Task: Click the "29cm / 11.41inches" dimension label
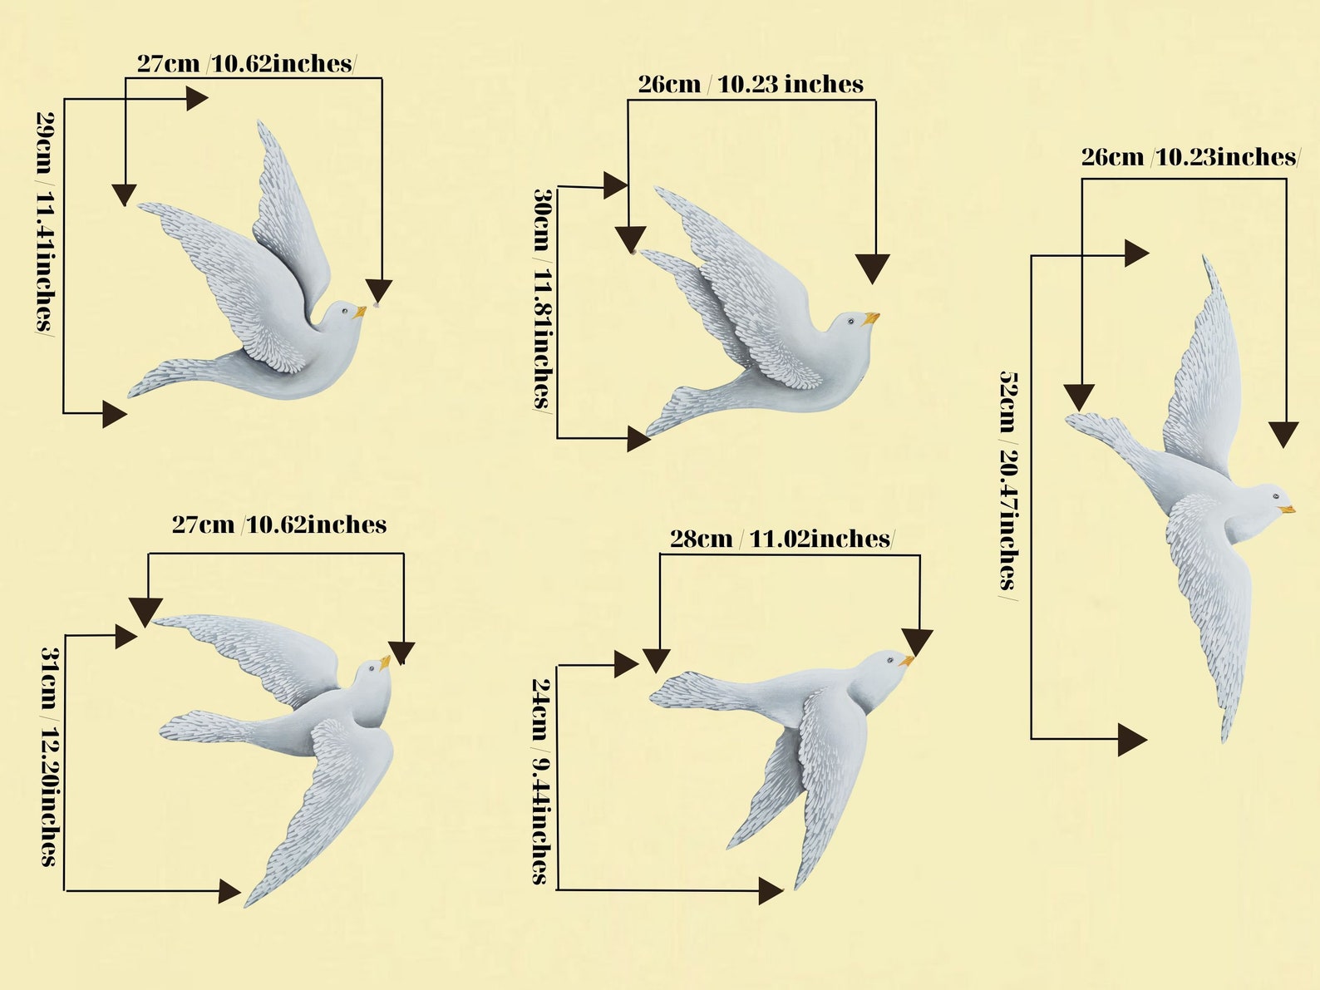(x=45, y=223)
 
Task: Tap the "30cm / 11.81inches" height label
(x=543, y=299)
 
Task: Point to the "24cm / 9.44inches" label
(x=541, y=781)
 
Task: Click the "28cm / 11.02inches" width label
(x=782, y=539)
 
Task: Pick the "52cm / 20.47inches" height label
(x=1008, y=485)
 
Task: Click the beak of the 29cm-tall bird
(x=360, y=312)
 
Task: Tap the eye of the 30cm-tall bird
(x=851, y=322)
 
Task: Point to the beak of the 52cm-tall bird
(x=1287, y=510)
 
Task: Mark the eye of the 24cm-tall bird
(x=890, y=661)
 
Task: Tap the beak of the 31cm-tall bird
(x=384, y=662)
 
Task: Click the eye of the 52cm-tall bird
(x=1276, y=496)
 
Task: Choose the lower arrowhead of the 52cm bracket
(x=1132, y=739)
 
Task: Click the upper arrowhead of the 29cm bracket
(x=197, y=98)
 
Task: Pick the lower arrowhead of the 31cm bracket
(x=229, y=891)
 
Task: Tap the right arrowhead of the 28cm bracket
(x=918, y=643)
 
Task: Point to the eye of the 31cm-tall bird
(x=372, y=667)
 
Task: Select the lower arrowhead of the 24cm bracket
(x=771, y=890)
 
